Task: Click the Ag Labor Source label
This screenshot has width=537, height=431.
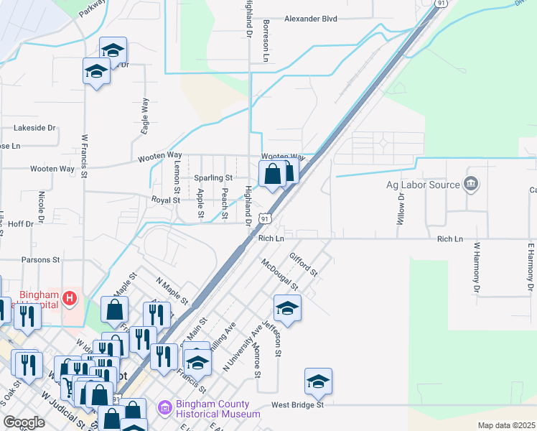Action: [x=423, y=185]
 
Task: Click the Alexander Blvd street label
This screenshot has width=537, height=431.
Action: [x=311, y=19]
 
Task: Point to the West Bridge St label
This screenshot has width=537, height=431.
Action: [x=298, y=405]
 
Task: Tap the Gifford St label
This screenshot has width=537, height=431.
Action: [x=303, y=264]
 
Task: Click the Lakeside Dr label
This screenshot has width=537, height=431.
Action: [x=34, y=128]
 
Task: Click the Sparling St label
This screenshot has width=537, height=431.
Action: [x=213, y=177]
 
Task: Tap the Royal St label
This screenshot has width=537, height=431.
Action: [x=165, y=200]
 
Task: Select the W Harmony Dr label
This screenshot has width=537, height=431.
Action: [x=476, y=268]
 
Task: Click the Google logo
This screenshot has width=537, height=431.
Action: [x=24, y=422]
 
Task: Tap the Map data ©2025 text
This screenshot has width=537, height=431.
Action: [x=505, y=425]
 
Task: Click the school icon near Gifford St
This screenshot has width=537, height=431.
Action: [x=287, y=307]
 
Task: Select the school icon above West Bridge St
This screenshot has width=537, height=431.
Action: [x=318, y=381]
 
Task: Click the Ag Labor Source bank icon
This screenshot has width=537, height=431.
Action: [x=471, y=184]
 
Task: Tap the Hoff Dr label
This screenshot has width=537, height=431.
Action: [x=19, y=224]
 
